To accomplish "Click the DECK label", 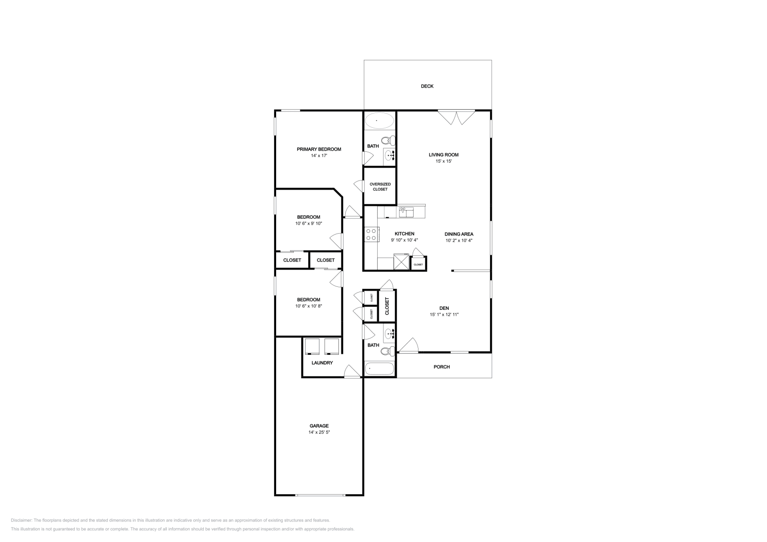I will tap(427, 86).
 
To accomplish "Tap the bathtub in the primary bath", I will tap(379, 120).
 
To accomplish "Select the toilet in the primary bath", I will tap(392, 140).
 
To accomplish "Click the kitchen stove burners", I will tap(371, 235).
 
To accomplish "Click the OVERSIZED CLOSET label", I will tap(380, 187).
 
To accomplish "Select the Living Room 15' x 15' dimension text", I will tap(443, 161).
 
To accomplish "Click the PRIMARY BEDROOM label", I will tap(319, 149).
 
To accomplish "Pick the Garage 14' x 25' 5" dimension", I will tap(319, 432).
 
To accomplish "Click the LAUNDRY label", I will tap(322, 363).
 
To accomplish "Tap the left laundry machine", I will tap(312, 346).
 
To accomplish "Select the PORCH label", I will tap(442, 367).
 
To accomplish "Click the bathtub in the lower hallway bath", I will tap(379, 369).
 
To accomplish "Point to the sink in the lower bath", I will tap(389, 332).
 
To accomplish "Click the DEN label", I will tap(444, 308).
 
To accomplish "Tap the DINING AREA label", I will tap(459, 234).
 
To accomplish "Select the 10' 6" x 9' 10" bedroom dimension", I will tap(308, 224).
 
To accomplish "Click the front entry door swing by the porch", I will tap(410, 346).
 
